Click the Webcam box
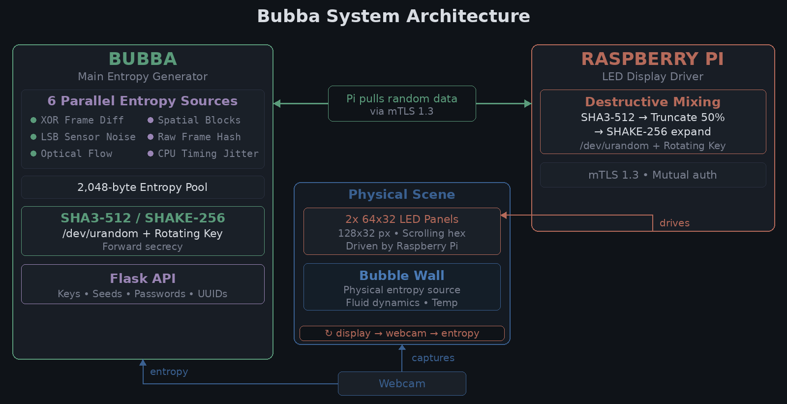[402, 383]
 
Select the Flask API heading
[143, 279]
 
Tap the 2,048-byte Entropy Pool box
[143, 187]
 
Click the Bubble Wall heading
[402, 276]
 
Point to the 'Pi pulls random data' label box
[402, 104]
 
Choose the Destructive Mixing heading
[653, 102]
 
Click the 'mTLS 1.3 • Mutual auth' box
[653, 175]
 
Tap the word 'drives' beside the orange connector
[674, 223]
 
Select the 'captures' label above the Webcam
[433, 358]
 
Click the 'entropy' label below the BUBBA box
[169, 372]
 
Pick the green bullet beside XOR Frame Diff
[33, 120]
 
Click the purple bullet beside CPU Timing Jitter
[151, 154]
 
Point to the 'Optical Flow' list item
[76, 154]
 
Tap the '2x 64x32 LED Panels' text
[402, 219]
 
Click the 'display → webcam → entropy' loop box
[402, 333]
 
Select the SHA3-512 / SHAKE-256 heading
[143, 218]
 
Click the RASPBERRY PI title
[653, 59]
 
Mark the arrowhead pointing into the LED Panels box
[504, 215]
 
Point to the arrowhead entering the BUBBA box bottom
[143, 363]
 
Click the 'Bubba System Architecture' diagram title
[393, 16]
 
